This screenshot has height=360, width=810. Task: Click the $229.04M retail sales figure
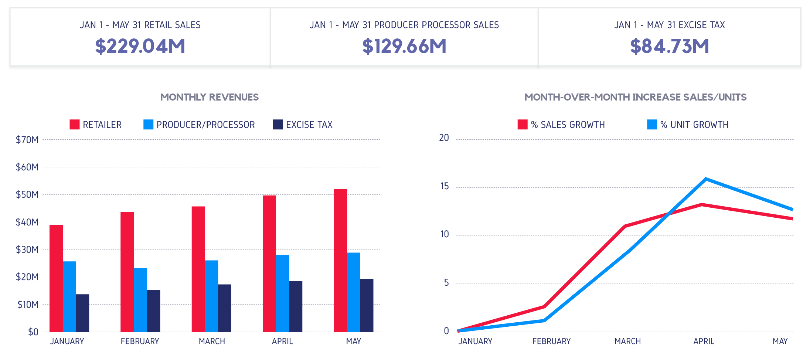point(140,46)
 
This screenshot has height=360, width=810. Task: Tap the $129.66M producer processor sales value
point(404,46)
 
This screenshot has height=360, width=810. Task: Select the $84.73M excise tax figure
point(670,46)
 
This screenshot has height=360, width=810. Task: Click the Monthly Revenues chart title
point(209,97)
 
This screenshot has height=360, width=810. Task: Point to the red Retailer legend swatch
point(75,125)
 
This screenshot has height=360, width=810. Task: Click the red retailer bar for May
point(340,260)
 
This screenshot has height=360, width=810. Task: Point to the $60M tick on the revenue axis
point(27,167)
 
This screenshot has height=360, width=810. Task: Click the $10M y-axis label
point(28,305)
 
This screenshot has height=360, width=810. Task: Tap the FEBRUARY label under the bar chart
point(140,341)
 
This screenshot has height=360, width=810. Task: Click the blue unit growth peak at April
point(706,179)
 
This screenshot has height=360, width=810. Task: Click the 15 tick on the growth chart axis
point(445,186)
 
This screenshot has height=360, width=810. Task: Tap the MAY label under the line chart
point(780,341)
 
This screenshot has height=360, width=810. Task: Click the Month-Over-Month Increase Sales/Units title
point(635,97)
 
